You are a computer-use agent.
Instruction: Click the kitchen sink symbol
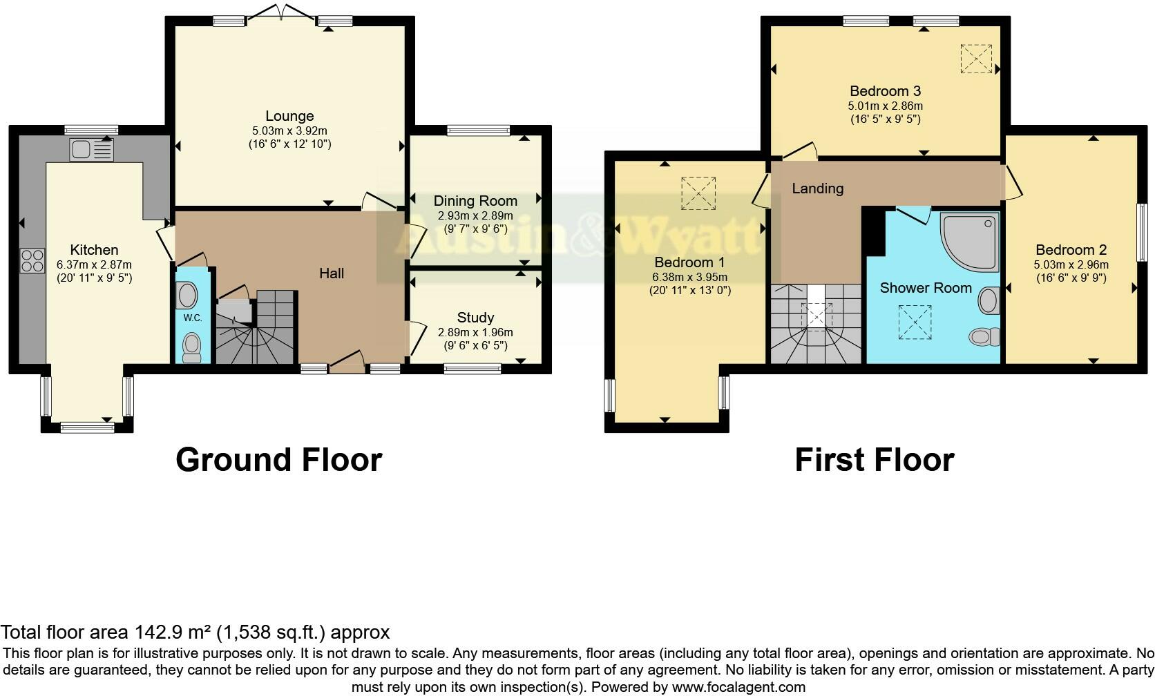point(91,150)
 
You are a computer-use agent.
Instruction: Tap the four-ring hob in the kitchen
point(32,260)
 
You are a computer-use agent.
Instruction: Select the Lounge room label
point(289,116)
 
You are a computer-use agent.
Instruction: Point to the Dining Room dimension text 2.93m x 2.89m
point(475,215)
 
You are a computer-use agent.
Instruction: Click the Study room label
point(475,317)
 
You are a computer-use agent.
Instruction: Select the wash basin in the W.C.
point(187,296)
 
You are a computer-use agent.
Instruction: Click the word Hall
point(332,273)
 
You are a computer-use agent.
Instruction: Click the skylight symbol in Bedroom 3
point(976,59)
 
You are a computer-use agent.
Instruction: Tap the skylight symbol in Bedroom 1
point(698,193)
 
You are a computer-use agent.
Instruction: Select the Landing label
point(817,188)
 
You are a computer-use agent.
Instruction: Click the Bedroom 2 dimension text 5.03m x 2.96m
point(1071,264)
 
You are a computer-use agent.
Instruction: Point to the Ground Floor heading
point(278,460)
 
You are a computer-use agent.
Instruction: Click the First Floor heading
point(874,460)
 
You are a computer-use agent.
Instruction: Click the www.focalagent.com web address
point(738,687)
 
